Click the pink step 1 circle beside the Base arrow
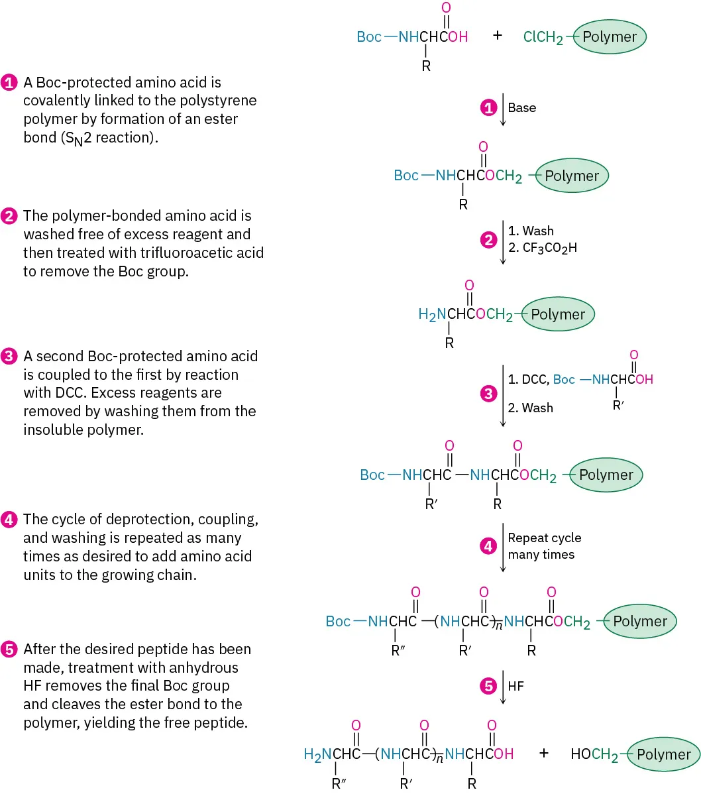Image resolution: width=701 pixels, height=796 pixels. (x=488, y=107)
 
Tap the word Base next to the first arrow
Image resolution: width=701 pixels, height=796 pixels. (x=522, y=107)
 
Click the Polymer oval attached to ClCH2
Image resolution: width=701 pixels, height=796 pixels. (x=610, y=36)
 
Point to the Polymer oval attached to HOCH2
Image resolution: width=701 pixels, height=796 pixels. (x=663, y=754)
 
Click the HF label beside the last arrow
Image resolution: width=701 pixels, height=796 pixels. (x=515, y=686)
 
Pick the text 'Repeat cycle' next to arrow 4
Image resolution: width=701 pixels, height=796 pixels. (x=545, y=538)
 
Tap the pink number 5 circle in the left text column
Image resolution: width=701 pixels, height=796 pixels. (x=9, y=650)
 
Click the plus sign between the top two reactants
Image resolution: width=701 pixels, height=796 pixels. (x=498, y=36)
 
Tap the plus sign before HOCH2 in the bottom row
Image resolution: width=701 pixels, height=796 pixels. (x=544, y=753)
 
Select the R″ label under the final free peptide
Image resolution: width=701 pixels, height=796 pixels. (x=339, y=783)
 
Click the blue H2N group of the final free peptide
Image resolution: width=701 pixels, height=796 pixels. (x=317, y=754)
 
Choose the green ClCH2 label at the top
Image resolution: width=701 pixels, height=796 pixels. (x=543, y=37)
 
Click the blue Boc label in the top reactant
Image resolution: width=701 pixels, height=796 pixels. (x=369, y=36)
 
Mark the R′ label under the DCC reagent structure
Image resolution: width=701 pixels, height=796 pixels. (x=618, y=404)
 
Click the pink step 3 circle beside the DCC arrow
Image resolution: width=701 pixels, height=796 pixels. (x=488, y=394)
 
